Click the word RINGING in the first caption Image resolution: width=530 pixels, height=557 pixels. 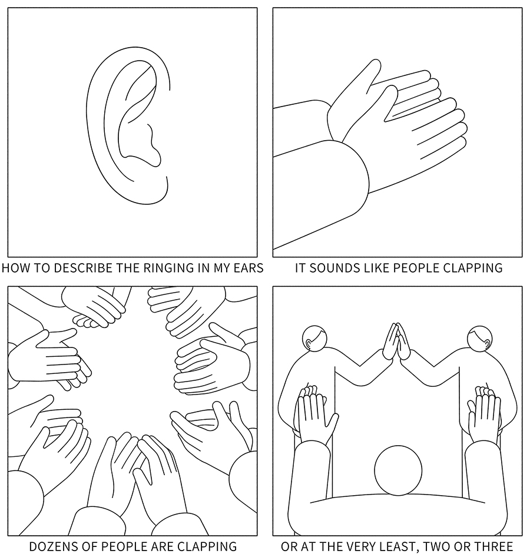pos(165,267)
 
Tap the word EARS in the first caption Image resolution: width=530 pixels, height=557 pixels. pos(247,267)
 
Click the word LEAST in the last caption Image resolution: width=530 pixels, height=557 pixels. pos(395,546)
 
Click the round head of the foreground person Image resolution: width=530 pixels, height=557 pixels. pos(398,470)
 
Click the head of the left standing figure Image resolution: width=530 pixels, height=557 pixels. pos(314,338)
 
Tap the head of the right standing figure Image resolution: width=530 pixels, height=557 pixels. pos(480,338)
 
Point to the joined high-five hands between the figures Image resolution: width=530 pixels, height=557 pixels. pos(397,341)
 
